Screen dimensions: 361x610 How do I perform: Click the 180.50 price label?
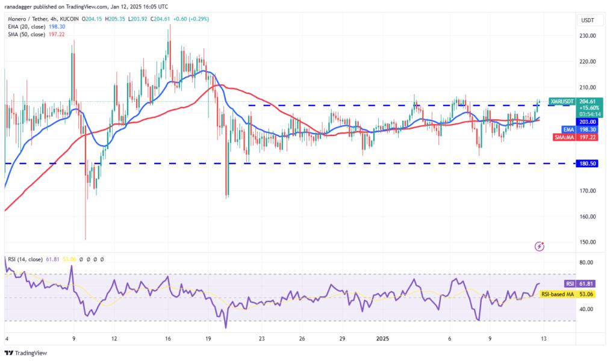pos(586,163)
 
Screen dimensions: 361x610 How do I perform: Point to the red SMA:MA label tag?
pos(565,137)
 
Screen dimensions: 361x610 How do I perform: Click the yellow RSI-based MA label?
pos(556,294)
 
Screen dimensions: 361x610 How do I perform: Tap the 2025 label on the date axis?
pos(384,339)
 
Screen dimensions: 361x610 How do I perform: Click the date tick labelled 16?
pos(168,339)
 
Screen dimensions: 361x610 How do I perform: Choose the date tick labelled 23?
pos(262,339)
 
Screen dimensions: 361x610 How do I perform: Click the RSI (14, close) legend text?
pos(25,259)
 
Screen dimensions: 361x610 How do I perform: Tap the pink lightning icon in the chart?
pos(540,246)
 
